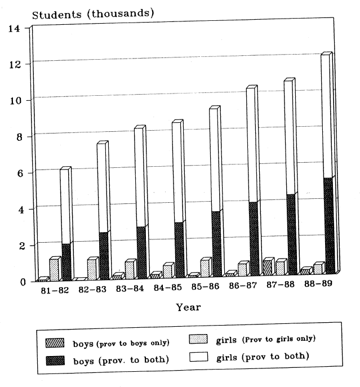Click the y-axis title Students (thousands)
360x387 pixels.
click(x=93, y=14)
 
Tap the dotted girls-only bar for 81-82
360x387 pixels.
click(x=54, y=270)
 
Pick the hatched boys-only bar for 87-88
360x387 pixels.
click(x=267, y=268)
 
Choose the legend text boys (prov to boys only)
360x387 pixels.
click(x=121, y=343)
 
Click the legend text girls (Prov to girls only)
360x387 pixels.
click(x=265, y=339)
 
